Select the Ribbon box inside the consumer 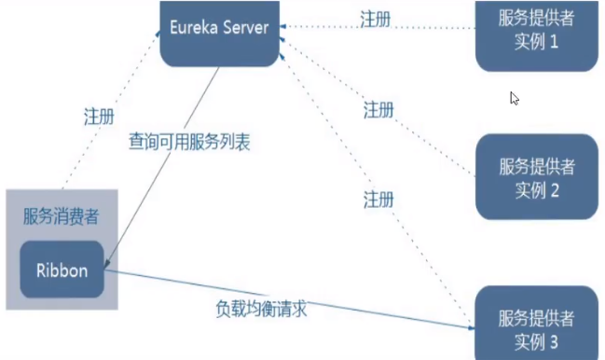(62, 271)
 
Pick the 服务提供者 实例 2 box (536, 177)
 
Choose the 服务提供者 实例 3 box (536, 326)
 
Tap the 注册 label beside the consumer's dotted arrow (99, 118)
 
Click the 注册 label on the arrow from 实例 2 (378, 110)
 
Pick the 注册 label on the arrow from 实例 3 (378, 199)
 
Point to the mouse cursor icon (514, 98)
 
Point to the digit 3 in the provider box (553, 342)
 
